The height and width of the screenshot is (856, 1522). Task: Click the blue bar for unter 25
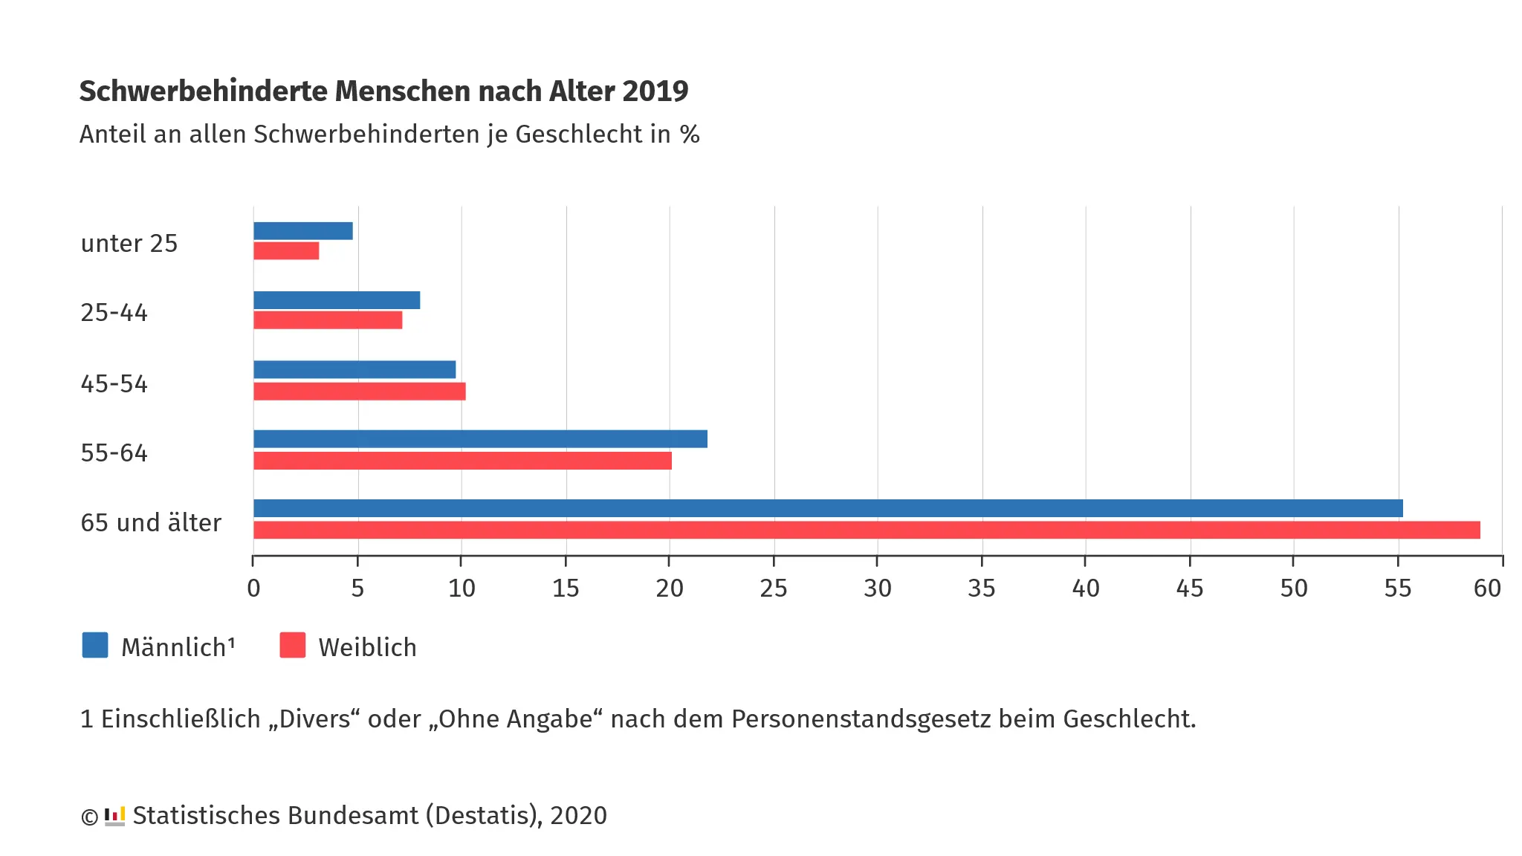(303, 231)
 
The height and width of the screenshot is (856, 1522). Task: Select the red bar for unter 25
(286, 251)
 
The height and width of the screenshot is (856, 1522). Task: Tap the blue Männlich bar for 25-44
(337, 300)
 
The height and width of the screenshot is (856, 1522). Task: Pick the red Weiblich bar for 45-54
(360, 392)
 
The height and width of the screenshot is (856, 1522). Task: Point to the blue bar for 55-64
(480, 439)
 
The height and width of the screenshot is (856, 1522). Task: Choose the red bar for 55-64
(462, 461)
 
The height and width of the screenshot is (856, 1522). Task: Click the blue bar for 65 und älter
(828, 508)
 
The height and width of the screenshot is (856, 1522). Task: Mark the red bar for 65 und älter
(867, 530)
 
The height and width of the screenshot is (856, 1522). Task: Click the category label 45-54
(114, 384)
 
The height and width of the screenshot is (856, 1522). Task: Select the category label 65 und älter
(151, 523)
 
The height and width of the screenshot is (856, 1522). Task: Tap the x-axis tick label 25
(774, 588)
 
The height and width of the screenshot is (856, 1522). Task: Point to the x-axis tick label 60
(1487, 588)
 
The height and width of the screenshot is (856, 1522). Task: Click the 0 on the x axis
(253, 588)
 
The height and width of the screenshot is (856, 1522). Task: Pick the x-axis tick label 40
(1086, 588)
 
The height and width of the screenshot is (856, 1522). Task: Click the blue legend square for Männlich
(95, 645)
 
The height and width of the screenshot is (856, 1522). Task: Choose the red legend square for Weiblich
(293, 645)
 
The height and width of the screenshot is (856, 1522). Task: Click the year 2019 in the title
(655, 91)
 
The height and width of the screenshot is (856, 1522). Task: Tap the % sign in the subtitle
(690, 134)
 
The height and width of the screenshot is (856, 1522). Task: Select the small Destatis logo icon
(114, 816)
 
